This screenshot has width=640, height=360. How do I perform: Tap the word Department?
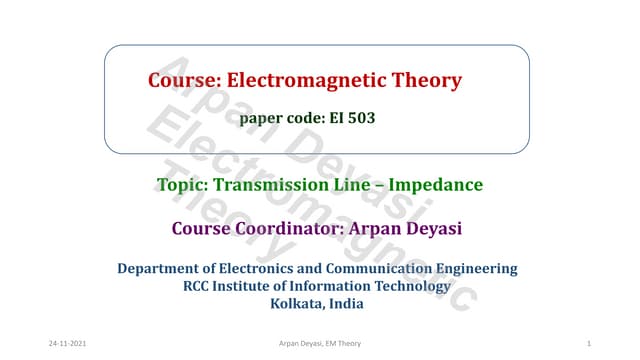coord(161,268)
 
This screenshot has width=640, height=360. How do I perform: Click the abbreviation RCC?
coord(198,286)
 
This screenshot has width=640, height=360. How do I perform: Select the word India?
coord(352,304)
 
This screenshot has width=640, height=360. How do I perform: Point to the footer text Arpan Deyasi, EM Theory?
coord(320,343)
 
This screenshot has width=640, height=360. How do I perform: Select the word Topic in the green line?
coord(181,185)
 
